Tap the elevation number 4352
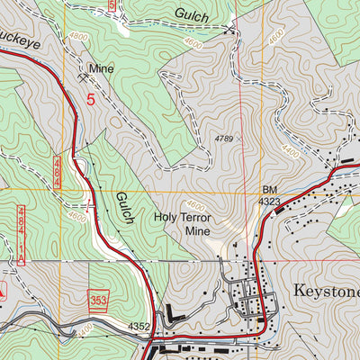click(x=139, y=327)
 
